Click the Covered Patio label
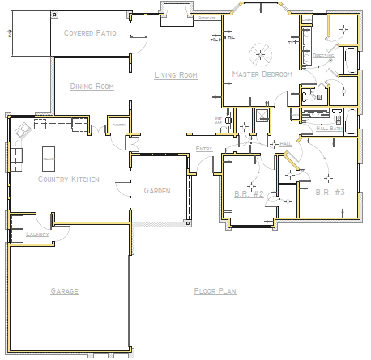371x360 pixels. point(95,32)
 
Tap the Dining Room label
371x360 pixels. point(92,87)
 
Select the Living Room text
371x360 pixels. point(177,76)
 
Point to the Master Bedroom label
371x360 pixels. point(261,74)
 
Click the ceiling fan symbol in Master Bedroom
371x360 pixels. point(261,55)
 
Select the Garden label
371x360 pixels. point(156,191)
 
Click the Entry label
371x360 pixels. point(204,149)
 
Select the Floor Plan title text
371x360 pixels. point(215,290)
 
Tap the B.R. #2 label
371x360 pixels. point(244,194)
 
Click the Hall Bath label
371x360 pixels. point(328,128)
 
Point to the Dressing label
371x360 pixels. point(322,57)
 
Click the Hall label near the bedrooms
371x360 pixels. point(285,143)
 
